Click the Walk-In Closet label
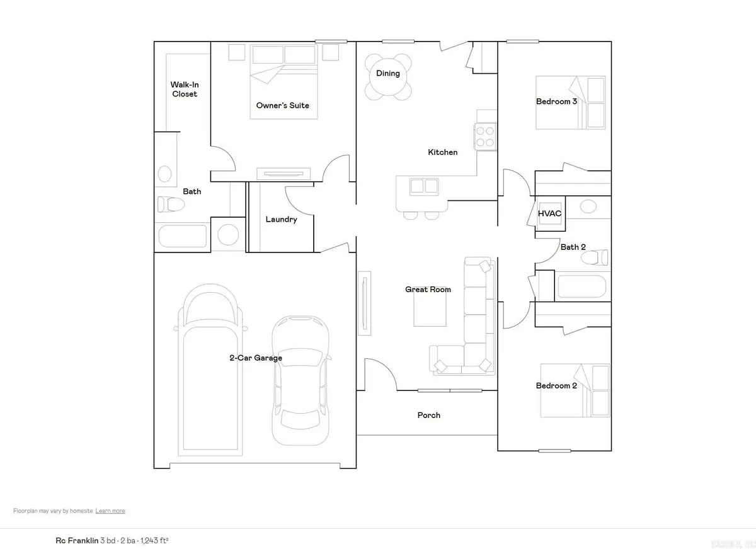tap(183, 89)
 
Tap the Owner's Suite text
tap(282, 105)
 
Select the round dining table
tap(387, 74)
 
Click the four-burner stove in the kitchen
tap(484, 137)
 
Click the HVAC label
tap(549, 213)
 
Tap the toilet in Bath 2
tap(603, 257)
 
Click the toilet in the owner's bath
tap(169, 204)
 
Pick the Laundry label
tap(281, 220)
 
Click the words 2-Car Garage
tap(255, 358)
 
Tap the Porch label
tap(429, 416)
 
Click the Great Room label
tap(428, 290)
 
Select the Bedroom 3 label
tap(556, 101)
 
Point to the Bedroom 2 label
tap(556, 386)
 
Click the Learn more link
tap(110, 511)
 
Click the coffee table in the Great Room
tap(430, 310)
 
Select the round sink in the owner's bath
tap(165, 174)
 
